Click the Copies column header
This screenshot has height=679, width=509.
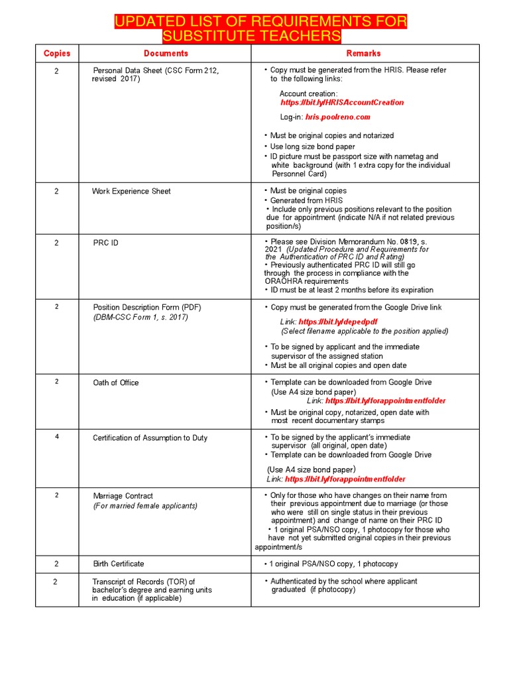[x=56, y=53]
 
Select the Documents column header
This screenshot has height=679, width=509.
[x=166, y=53]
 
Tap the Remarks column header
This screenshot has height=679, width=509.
[x=363, y=53]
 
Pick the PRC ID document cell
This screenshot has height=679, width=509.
[x=105, y=243]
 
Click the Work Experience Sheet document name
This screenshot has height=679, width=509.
[x=131, y=192]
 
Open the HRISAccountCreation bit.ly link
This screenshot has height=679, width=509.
[x=342, y=103]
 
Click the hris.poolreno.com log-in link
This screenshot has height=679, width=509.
[x=337, y=117]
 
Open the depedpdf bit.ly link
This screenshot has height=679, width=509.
[x=338, y=322]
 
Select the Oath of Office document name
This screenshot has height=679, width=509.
[x=116, y=383]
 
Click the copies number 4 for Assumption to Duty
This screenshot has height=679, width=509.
[x=56, y=438]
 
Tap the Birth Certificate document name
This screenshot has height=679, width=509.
[x=118, y=564]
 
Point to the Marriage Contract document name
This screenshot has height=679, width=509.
[x=124, y=496]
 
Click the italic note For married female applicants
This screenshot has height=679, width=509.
[x=145, y=506]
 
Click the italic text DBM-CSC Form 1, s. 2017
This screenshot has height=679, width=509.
[x=141, y=318]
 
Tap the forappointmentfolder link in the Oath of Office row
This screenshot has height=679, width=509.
[x=386, y=401]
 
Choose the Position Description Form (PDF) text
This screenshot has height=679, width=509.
[x=146, y=308]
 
